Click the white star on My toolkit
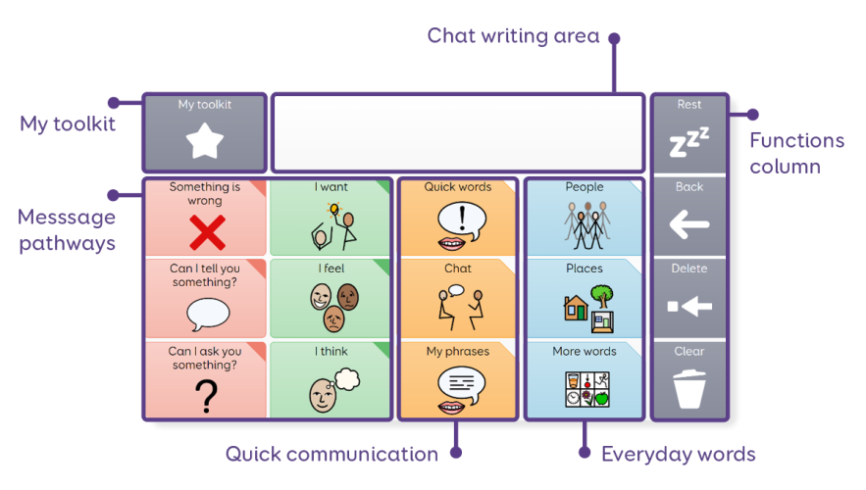click(x=205, y=143)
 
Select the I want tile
click(x=331, y=218)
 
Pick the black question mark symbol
click(x=204, y=395)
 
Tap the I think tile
click(x=331, y=380)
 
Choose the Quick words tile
click(x=457, y=218)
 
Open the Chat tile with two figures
click(x=457, y=299)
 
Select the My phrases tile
click(x=457, y=380)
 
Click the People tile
click(x=585, y=218)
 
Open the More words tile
click(x=585, y=380)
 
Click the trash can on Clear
click(x=689, y=388)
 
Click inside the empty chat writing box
click(x=457, y=133)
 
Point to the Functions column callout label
click(x=796, y=153)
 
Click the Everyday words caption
click(x=678, y=454)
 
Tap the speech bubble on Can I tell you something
click(x=207, y=314)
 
